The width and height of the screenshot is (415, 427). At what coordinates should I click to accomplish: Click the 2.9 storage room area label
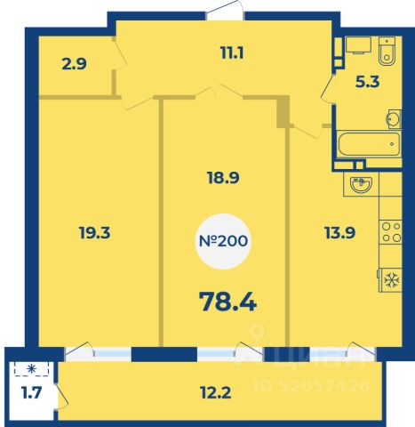(x=75, y=64)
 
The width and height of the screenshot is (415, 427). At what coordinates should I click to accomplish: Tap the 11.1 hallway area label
(x=232, y=53)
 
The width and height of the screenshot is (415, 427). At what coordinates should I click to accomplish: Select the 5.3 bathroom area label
(x=367, y=82)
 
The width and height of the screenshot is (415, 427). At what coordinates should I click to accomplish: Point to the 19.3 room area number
(x=95, y=233)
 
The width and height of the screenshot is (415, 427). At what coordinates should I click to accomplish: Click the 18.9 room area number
(x=223, y=178)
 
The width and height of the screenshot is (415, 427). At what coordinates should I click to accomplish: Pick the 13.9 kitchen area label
(x=339, y=233)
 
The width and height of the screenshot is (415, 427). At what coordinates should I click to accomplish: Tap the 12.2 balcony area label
(x=215, y=393)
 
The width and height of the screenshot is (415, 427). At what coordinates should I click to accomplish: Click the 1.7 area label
(x=31, y=393)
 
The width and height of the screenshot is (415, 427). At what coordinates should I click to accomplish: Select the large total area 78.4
(x=227, y=302)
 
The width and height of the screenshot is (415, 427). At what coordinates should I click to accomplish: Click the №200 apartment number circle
(x=223, y=241)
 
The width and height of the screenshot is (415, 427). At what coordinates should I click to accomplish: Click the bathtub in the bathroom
(x=369, y=144)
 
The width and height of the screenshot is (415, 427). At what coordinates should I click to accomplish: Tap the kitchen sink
(x=361, y=184)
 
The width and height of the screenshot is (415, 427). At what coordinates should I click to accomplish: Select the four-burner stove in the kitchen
(x=391, y=232)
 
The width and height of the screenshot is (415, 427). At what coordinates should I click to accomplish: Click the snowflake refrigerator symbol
(x=392, y=280)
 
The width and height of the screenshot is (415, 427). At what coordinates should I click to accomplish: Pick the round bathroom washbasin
(x=394, y=119)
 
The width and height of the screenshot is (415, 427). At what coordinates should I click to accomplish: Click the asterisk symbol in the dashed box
(x=31, y=368)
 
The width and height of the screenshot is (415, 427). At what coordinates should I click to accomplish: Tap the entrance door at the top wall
(x=225, y=12)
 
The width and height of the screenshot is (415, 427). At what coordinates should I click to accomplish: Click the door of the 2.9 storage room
(x=120, y=55)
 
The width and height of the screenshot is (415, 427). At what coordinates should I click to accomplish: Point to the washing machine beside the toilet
(x=359, y=45)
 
